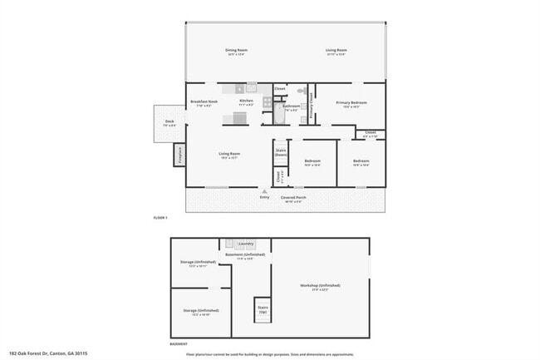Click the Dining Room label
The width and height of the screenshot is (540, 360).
click(x=237, y=50)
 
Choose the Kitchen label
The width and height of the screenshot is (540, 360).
click(x=247, y=102)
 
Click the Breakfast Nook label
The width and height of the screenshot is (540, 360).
click(x=204, y=102)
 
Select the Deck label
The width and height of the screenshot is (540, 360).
click(x=169, y=121)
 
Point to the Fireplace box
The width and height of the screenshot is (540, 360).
click(x=178, y=155)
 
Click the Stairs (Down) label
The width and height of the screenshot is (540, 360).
click(x=281, y=152)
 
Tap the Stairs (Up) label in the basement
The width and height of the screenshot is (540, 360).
click(x=263, y=308)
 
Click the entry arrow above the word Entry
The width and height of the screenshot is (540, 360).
click(x=264, y=191)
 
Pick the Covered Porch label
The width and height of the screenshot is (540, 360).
click(x=294, y=197)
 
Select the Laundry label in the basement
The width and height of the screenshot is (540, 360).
click(x=245, y=244)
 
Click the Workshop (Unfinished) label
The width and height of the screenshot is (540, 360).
click(x=320, y=286)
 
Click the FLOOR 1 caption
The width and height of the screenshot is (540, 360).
click(x=161, y=218)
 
